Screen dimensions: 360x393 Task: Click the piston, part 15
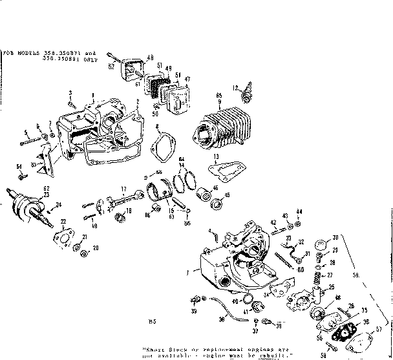(160, 193)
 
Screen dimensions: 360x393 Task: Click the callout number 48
(149, 56)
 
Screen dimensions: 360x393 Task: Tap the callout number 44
(299, 212)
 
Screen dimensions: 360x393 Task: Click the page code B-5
(152, 321)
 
